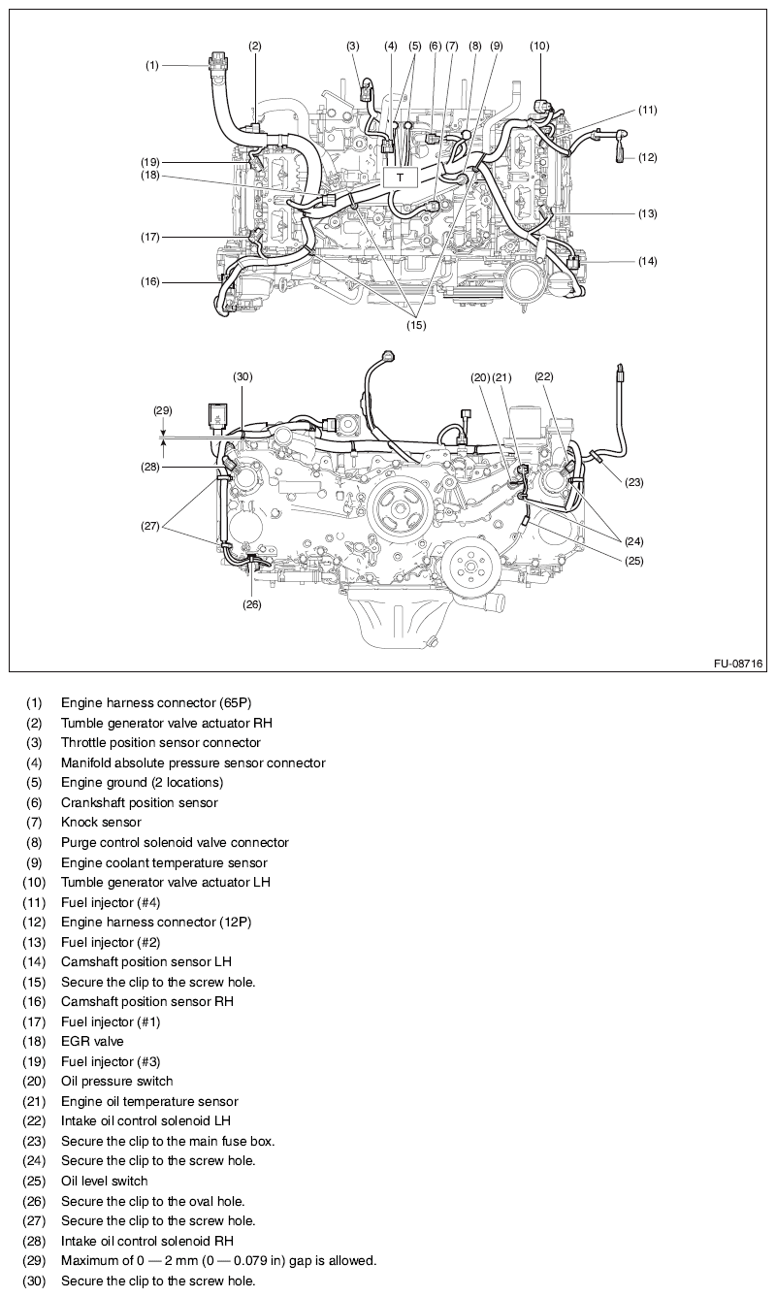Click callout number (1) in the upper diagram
click(152, 66)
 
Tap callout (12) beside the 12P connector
click(647, 157)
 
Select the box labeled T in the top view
click(400, 178)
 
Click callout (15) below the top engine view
click(417, 326)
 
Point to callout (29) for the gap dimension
click(162, 411)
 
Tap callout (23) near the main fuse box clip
click(633, 481)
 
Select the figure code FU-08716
click(738, 665)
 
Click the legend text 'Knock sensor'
click(101, 823)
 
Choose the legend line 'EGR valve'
click(92, 1041)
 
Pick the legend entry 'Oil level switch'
click(105, 1181)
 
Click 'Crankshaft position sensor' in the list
click(139, 802)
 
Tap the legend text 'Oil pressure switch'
click(116, 1081)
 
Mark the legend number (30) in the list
click(34, 1281)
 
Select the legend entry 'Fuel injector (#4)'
click(111, 902)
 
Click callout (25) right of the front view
click(633, 561)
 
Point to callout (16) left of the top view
click(149, 282)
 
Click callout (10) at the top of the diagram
click(539, 46)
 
